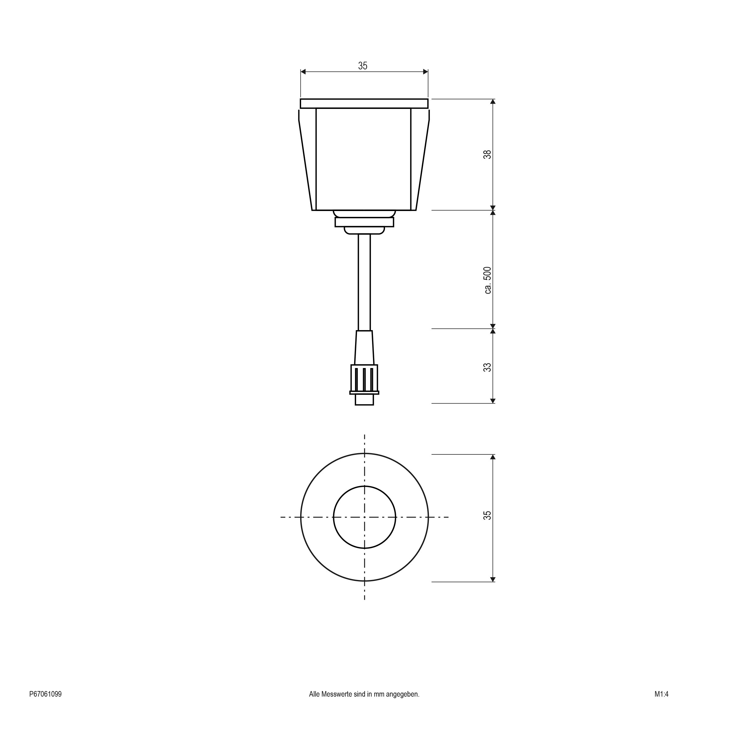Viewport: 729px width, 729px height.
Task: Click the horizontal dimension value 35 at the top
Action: (x=362, y=66)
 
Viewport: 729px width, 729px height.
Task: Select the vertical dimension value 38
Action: (x=487, y=154)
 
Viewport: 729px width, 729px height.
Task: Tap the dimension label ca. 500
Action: (x=487, y=280)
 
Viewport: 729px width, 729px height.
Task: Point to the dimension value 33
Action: (x=487, y=367)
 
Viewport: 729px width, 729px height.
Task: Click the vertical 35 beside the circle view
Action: (x=487, y=516)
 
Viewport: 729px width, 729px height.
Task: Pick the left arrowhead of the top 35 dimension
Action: (x=303, y=72)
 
